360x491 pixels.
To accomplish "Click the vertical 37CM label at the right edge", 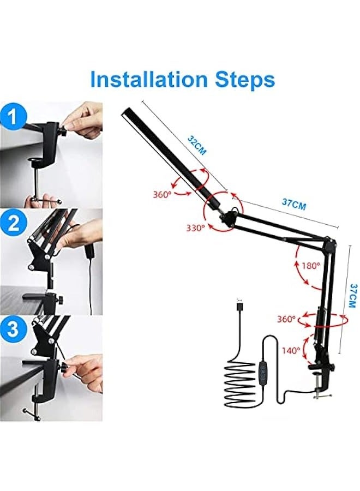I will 352,295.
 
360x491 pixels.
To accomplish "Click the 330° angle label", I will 195,227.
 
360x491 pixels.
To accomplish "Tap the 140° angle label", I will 291,350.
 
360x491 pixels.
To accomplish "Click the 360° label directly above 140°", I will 285,319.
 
